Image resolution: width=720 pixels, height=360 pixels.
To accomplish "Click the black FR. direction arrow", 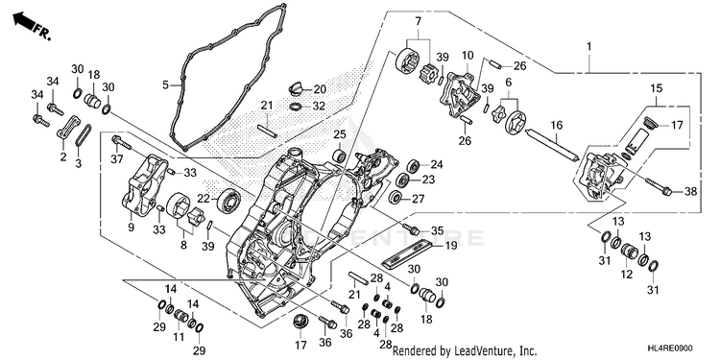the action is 25,21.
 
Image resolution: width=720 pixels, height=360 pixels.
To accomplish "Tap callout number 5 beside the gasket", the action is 165,84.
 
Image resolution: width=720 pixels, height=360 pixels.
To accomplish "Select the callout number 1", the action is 589,47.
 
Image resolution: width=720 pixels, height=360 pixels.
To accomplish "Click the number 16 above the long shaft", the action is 556,125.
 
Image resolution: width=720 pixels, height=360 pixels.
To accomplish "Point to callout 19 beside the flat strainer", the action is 451,246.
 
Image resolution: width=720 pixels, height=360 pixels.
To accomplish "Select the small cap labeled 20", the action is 293,86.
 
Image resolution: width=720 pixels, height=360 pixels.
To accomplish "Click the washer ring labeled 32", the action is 296,107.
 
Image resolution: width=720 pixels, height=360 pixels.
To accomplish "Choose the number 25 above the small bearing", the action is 339,134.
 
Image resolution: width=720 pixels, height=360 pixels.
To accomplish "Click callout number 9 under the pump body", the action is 131,228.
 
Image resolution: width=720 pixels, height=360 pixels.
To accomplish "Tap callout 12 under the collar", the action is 626,275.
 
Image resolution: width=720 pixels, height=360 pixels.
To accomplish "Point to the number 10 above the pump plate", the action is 468,56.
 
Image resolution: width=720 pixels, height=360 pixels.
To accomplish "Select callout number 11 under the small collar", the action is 179,338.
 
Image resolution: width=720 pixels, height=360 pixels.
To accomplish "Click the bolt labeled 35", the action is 411,228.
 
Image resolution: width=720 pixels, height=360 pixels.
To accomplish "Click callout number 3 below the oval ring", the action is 78,163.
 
